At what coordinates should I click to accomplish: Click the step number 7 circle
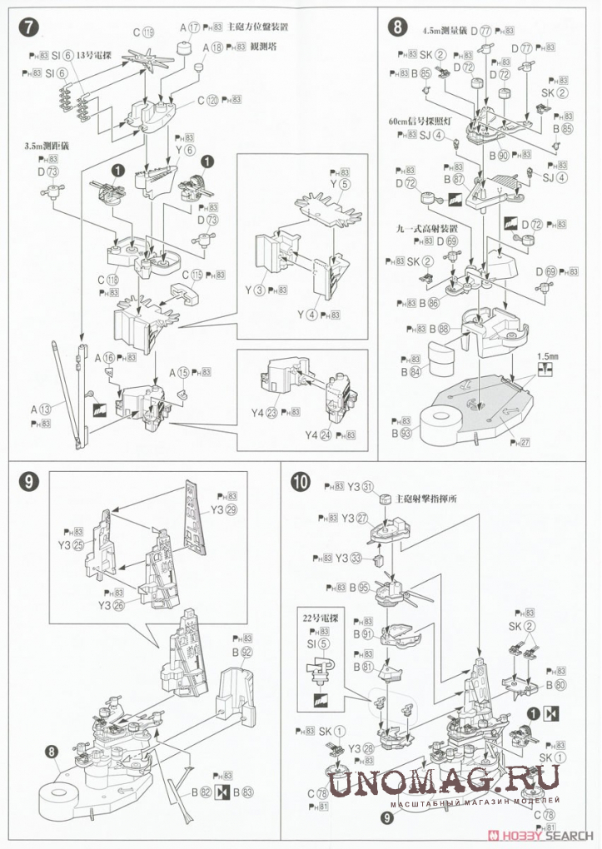[x=29, y=27]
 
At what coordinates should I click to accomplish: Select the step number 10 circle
[x=301, y=484]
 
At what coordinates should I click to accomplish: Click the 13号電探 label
[x=92, y=55]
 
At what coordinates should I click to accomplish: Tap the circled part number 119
[x=149, y=33]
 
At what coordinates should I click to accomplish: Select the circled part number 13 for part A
[x=46, y=409]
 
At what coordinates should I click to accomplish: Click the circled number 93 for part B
[x=407, y=433]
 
